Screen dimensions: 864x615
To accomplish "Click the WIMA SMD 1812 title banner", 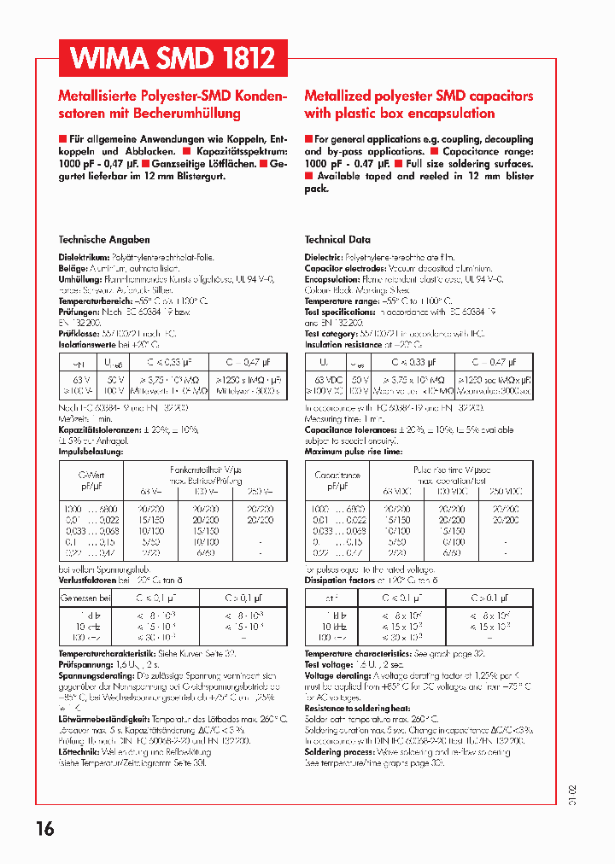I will (173, 59).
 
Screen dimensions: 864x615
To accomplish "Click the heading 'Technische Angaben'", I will (103, 240).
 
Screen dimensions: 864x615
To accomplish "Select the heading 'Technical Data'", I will (337, 240).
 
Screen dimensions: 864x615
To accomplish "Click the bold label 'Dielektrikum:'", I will (84, 257).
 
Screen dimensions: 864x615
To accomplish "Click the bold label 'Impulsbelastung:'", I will (91, 451).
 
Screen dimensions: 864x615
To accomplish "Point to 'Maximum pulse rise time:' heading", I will (353, 451).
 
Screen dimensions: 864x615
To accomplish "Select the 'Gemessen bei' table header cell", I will (85, 599).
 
